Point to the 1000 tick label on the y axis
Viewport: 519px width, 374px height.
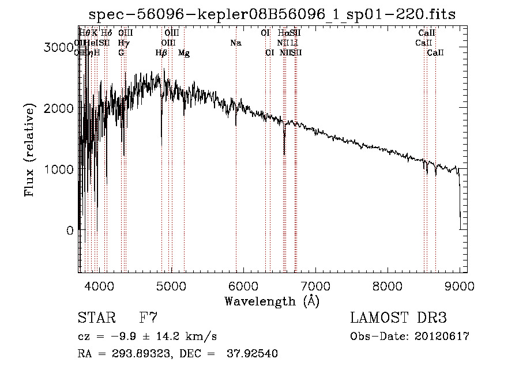(60, 169)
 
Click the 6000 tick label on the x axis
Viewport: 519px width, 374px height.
(243, 286)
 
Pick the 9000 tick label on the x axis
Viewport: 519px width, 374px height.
(460, 286)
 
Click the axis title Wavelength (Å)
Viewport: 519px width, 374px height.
(272, 301)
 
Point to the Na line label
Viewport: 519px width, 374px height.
(235, 43)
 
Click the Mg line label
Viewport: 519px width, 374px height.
(184, 53)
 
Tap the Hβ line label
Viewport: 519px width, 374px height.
(161, 53)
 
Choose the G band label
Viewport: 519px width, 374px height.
(121, 53)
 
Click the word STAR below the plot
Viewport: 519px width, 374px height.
(96, 318)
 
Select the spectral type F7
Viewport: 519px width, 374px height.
(148, 318)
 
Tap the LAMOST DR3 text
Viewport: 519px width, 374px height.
(398, 318)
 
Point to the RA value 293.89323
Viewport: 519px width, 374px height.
(128, 354)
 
